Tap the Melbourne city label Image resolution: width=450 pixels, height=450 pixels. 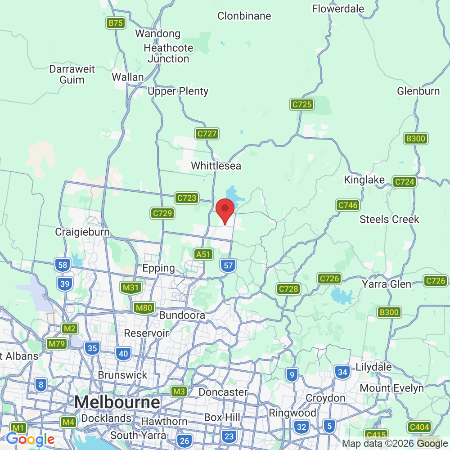(x=117, y=402)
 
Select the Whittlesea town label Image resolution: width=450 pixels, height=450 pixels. (x=216, y=166)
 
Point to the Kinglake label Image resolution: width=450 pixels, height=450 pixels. (x=364, y=180)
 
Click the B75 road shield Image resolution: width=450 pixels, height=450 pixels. (x=116, y=23)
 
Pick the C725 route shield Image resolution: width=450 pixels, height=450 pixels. (x=301, y=105)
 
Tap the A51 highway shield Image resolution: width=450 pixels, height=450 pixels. (x=203, y=254)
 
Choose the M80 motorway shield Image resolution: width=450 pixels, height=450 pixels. (x=144, y=308)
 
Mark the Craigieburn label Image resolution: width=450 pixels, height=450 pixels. (x=82, y=232)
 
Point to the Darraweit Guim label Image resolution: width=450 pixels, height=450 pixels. (x=72, y=75)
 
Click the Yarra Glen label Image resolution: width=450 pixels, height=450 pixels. (x=387, y=284)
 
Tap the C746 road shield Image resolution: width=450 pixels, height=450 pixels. (x=347, y=206)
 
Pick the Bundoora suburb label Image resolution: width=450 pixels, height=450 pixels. (x=182, y=315)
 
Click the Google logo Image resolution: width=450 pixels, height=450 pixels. (x=30, y=439)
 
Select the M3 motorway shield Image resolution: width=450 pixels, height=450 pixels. (x=179, y=391)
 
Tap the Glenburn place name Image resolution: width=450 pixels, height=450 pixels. (x=418, y=91)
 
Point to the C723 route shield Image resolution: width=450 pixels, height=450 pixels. (x=186, y=198)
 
